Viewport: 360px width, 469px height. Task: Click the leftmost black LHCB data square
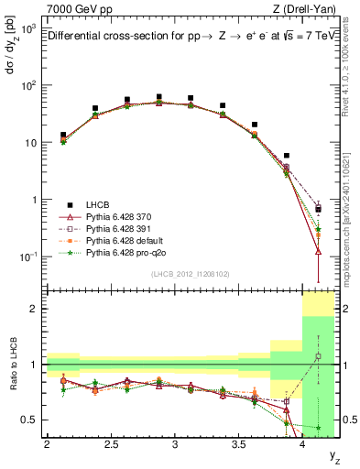tap(63, 135)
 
